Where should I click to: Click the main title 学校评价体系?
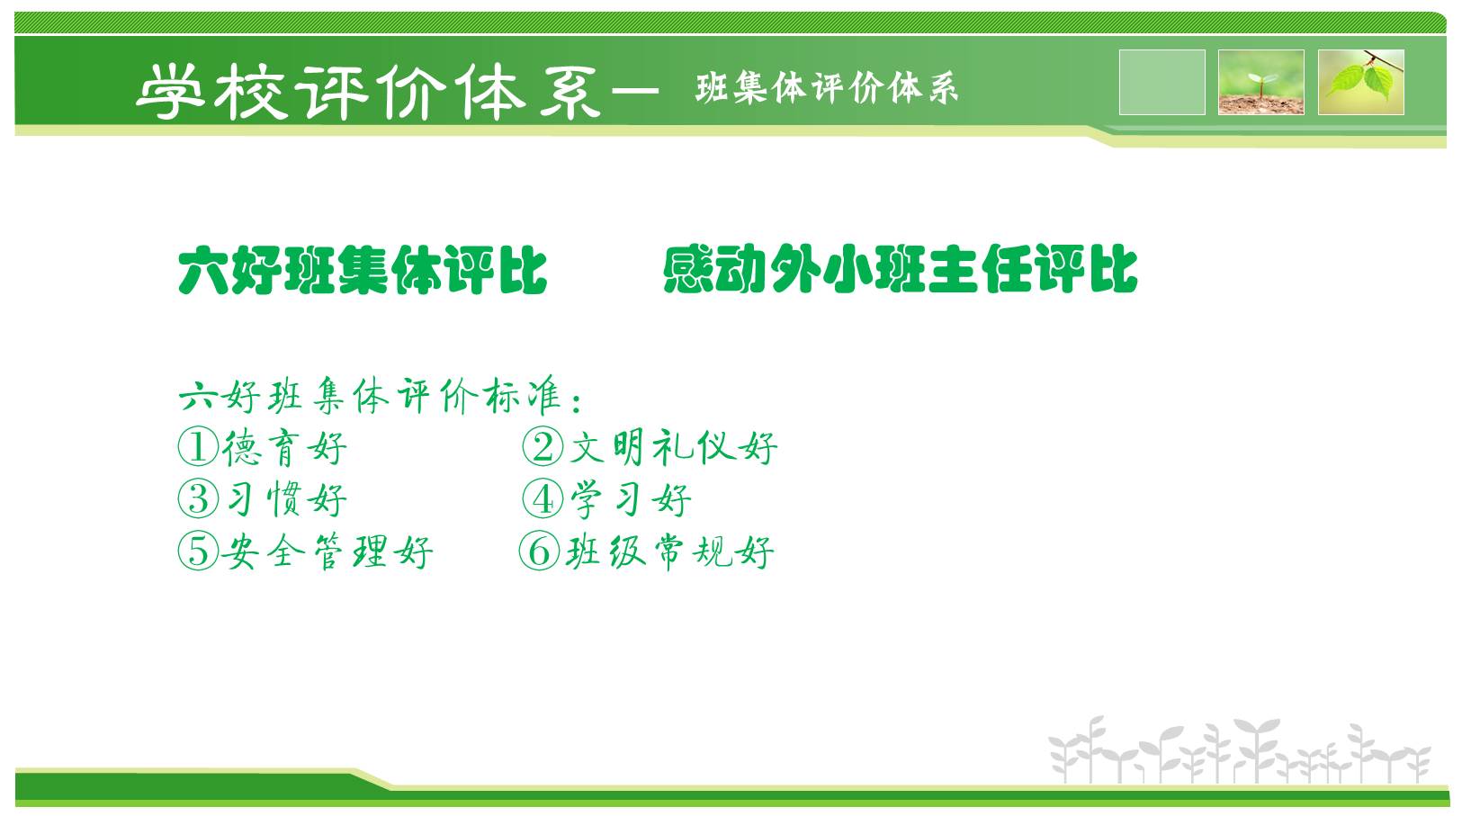[368, 92]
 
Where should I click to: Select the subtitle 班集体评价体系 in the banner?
[827, 88]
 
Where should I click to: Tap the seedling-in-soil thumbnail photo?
[1261, 82]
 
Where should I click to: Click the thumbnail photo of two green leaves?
[1361, 82]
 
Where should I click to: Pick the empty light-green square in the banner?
[1162, 82]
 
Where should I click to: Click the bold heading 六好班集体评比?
[363, 270]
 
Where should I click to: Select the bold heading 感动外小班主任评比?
[901, 269]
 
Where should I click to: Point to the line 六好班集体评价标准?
[380, 396]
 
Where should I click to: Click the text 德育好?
[284, 448]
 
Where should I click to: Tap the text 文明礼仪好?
[674, 448]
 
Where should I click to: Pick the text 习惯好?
[286, 500]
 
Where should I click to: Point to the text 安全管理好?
[327, 552]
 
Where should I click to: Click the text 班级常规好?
[669, 552]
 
